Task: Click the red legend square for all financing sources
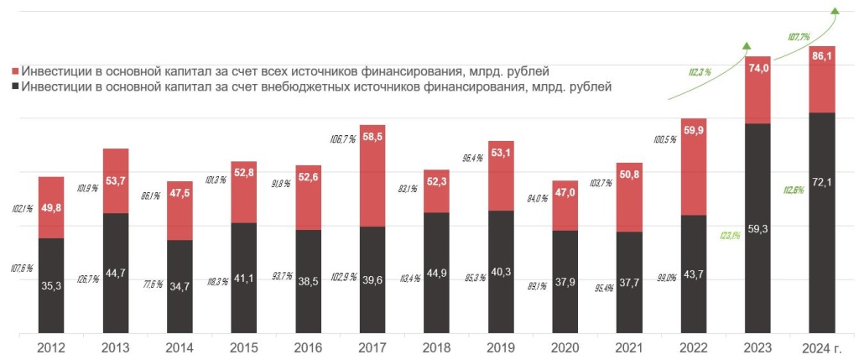coord(16,70)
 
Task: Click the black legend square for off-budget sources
coord(16,86)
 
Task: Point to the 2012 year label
coord(52,347)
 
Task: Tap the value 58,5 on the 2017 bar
coord(373,138)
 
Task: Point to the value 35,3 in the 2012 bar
coord(52,285)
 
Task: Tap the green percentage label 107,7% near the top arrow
coord(799,37)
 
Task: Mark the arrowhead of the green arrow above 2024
coord(835,10)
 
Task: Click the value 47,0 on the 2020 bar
coord(565,193)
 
